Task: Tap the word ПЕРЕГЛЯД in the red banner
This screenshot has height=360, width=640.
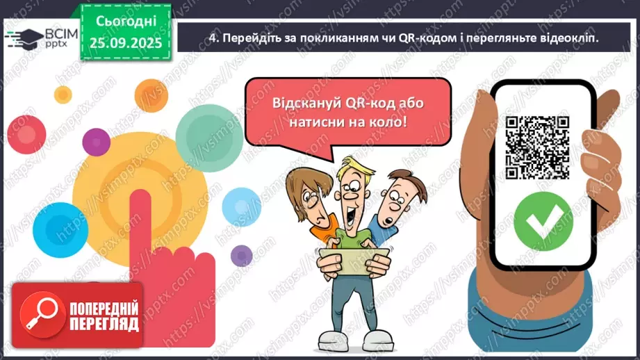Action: pos(104,325)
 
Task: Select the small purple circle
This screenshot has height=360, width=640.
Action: pos(241,255)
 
